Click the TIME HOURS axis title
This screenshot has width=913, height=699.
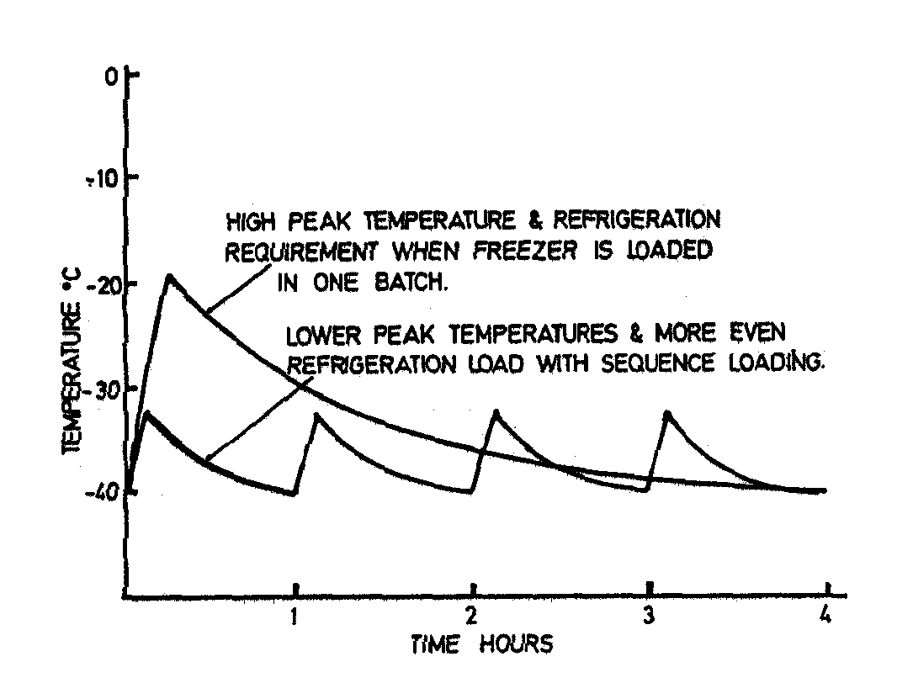(x=482, y=645)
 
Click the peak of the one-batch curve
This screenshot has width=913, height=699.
(x=169, y=275)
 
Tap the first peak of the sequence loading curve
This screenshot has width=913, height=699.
(x=147, y=412)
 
